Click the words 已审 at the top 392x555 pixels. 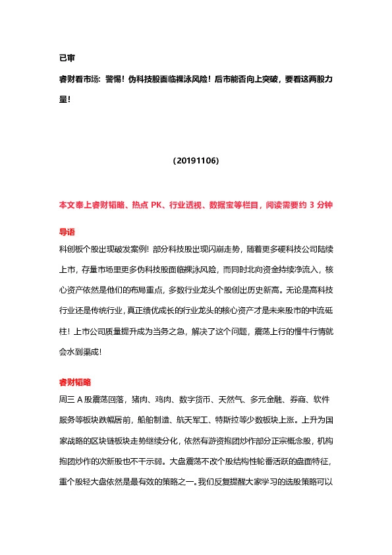(66, 58)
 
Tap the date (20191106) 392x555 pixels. (196, 161)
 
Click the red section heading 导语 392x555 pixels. (67, 232)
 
